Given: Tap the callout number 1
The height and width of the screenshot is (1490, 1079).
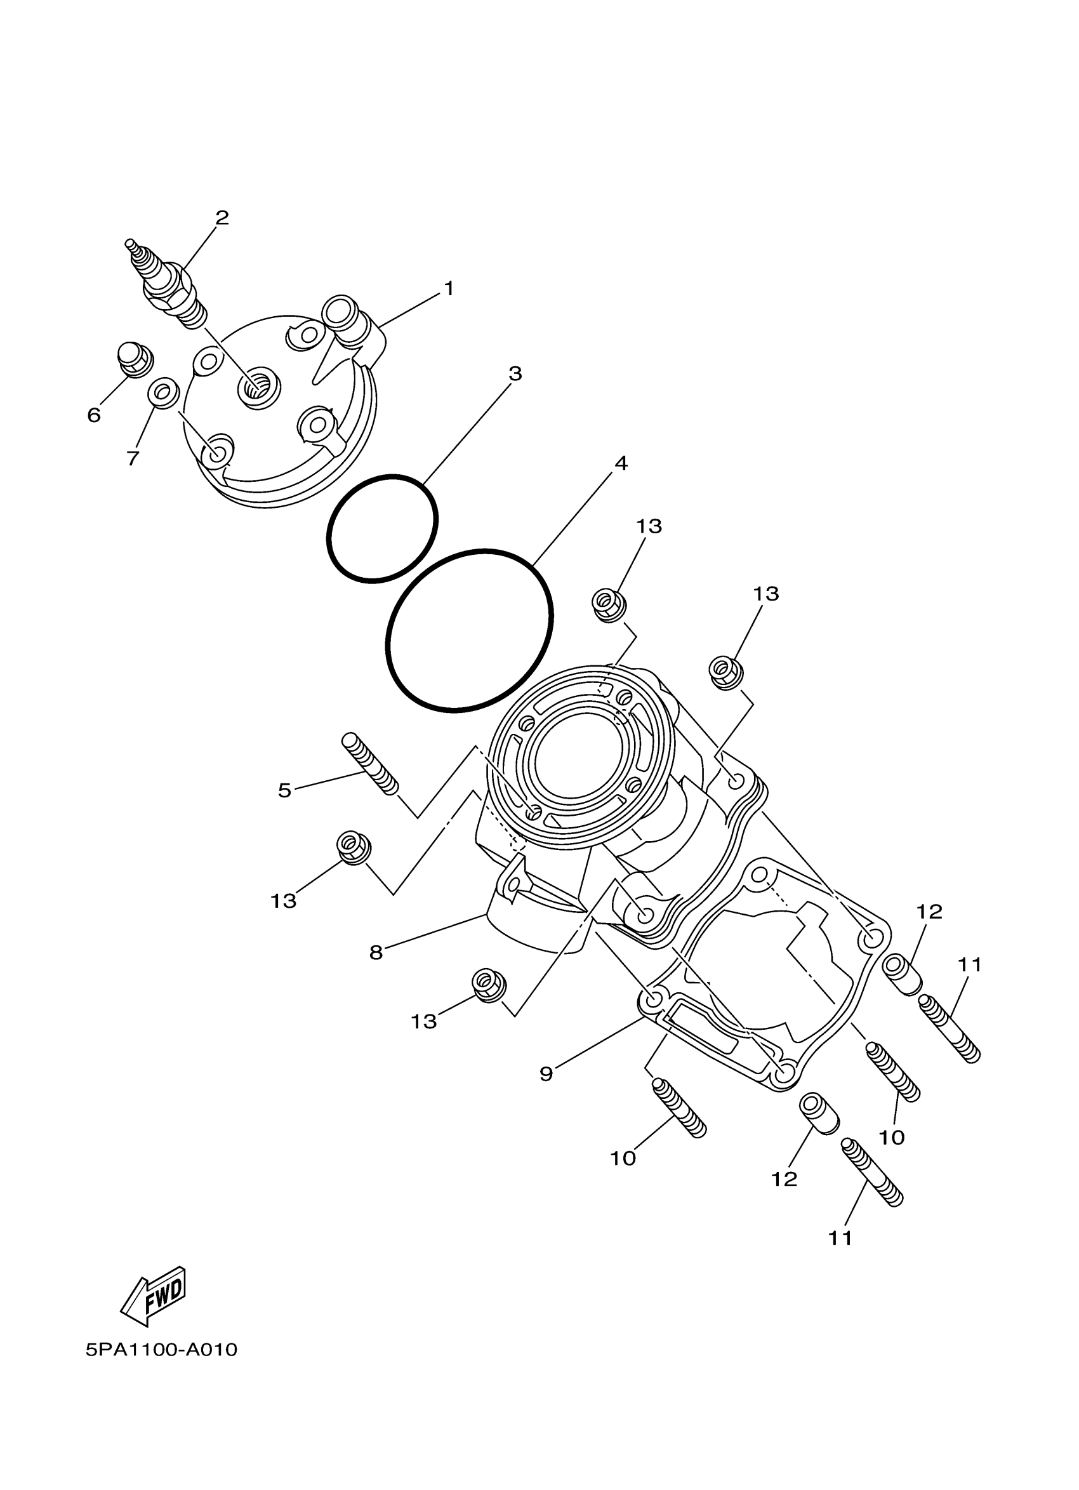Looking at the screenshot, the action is click(449, 289).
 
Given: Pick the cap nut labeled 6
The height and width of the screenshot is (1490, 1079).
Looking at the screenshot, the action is click(135, 359).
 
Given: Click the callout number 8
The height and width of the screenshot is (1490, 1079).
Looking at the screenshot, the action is click(376, 953).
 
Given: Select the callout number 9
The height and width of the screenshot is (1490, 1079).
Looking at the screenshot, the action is click(546, 1074).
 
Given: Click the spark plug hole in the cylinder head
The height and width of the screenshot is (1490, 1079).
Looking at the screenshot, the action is click(257, 390).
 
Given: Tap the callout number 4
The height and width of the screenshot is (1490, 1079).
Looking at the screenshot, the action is click(620, 463).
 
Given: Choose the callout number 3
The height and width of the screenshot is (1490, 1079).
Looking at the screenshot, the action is click(515, 373).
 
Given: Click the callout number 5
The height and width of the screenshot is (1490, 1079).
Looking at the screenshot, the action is click(284, 790).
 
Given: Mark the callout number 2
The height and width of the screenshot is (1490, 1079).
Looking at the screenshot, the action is click(223, 218).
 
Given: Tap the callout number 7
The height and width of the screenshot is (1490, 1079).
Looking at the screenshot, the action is click(133, 458).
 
